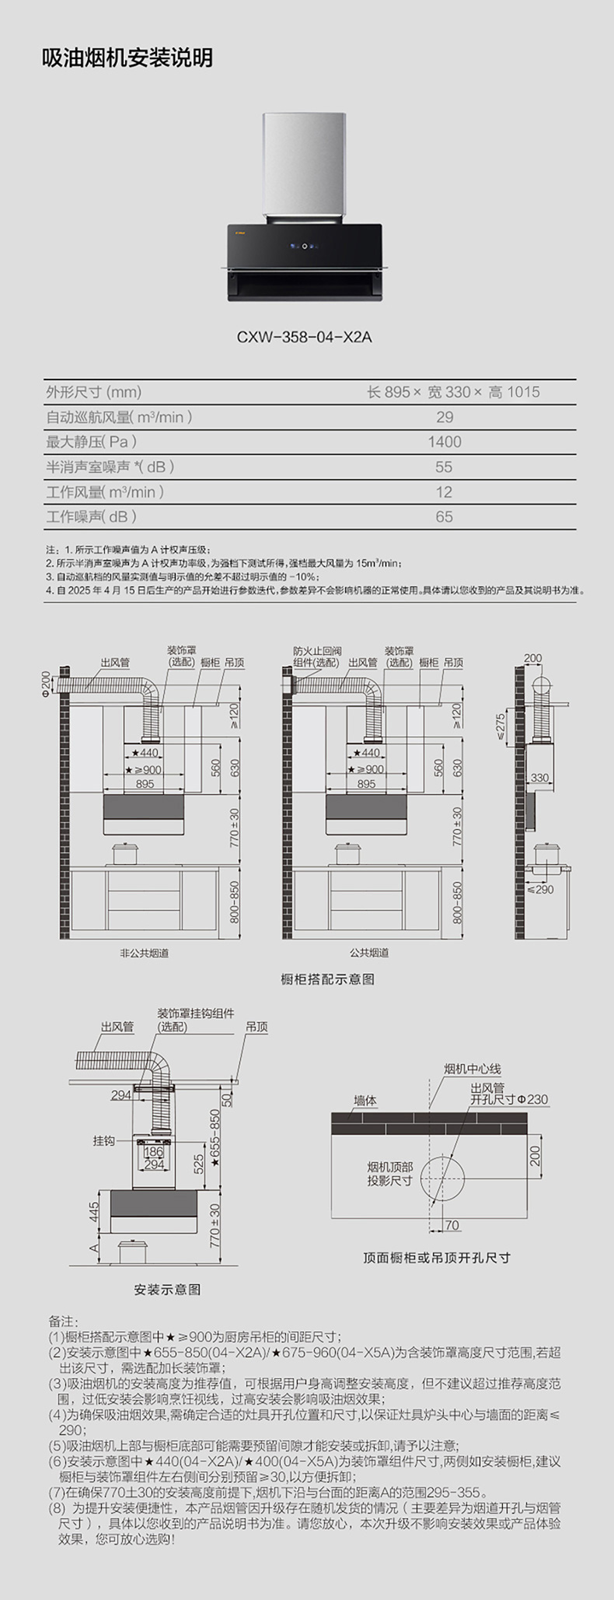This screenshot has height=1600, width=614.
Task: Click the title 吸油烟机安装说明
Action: tap(127, 58)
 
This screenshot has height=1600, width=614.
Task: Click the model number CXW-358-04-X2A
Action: tap(305, 337)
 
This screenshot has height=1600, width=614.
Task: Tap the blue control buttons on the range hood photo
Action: tap(304, 248)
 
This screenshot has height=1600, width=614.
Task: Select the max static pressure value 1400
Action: tap(444, 442)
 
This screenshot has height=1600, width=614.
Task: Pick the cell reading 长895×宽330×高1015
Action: tap(453, 392)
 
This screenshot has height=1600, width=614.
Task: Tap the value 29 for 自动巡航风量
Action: tap(444, 417)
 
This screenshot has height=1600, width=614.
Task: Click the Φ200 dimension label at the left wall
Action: tap(47, 684)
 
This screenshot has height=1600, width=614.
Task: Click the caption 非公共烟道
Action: tap(145, 953)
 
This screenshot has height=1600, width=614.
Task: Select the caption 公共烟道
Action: tap(369, 953)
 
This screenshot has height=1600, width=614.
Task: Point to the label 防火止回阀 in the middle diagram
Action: tap(317, 651)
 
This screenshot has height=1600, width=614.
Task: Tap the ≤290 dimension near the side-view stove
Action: tap(540, 889)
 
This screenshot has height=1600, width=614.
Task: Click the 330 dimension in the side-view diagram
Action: tap(539, 777)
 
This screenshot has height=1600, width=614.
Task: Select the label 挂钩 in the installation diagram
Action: tap(103, 1140)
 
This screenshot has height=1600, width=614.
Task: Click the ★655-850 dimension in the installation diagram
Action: tap(215, 1137)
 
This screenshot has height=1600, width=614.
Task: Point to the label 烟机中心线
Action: tap(473, 1070)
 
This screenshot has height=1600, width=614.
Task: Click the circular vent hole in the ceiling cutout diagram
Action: tap(442, 1178)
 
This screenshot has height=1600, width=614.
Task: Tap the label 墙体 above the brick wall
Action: tap(365, 1101)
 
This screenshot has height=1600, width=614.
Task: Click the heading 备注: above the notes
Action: tap(64, 1321)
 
